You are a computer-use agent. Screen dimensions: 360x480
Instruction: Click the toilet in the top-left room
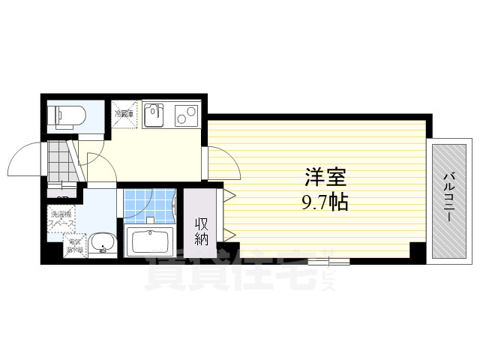click(63, 115)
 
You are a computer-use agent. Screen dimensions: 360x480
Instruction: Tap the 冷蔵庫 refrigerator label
click(124, 114)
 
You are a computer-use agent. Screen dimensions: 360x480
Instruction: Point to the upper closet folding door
click(228, 197)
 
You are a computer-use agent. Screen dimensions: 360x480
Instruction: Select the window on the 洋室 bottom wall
click(328, 260)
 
